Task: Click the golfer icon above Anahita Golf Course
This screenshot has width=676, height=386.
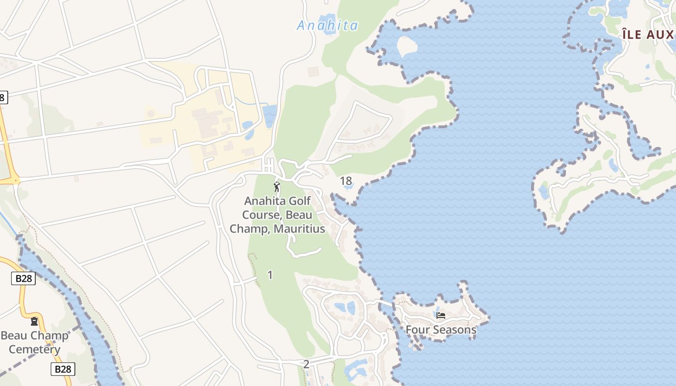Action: click(277, 187)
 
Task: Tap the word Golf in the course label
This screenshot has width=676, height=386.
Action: click(299, 201)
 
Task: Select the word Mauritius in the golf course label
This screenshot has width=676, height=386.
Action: click(299, 229)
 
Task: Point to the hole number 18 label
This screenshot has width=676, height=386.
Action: click(346, 181)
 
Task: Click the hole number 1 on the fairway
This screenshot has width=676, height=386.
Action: click(270, 275)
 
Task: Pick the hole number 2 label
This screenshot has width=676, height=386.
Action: click(306, 364)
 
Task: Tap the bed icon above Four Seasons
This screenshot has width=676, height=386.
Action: click(440, 316)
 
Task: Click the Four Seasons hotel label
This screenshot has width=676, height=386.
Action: click(441, 330)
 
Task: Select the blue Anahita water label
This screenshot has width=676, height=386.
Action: click(327, 26)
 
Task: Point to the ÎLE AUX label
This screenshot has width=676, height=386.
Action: click(647, 34)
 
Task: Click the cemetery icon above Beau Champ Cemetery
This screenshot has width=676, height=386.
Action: click(34, 321)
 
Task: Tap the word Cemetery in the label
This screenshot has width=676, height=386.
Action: click(34, 349)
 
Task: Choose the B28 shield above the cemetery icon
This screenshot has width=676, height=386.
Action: click(23, 278)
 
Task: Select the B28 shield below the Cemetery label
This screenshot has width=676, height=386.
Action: click(63, 369)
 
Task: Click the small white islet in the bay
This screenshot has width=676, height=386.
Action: click(407, 46)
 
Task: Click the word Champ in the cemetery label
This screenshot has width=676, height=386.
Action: click(49, 336)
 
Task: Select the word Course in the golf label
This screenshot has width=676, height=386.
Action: click(260, 215)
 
